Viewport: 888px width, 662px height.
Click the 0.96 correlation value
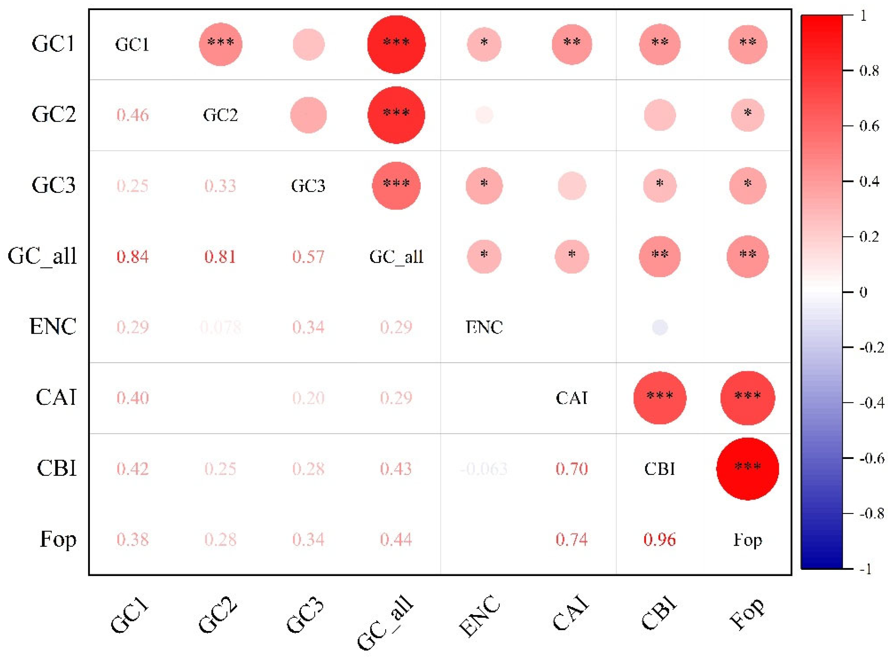pos(659,539)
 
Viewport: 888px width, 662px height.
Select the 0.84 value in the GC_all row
pos(133,257)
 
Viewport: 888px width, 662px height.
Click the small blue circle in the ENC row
pos(659,327)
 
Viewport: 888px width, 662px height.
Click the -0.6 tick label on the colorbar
pos(871,458)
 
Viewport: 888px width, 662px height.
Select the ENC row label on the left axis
pos(53,327)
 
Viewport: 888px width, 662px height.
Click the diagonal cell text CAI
pos(572,398)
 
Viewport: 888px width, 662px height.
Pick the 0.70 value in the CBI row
pos(572,468)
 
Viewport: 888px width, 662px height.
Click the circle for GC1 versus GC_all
pos(396,44)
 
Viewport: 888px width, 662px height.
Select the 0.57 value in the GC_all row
pos(308,257)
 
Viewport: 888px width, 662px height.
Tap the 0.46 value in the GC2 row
pos(133,115)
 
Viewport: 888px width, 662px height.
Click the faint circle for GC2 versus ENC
pos(484,115)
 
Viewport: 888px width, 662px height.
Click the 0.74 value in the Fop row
pos(572,539)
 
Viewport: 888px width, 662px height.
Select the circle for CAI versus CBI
pos(659,398)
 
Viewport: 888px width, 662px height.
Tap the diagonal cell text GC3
pos(308,186)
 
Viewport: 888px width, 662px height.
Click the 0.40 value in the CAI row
pos(133,398)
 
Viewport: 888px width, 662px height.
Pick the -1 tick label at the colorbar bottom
pos(865,569)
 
